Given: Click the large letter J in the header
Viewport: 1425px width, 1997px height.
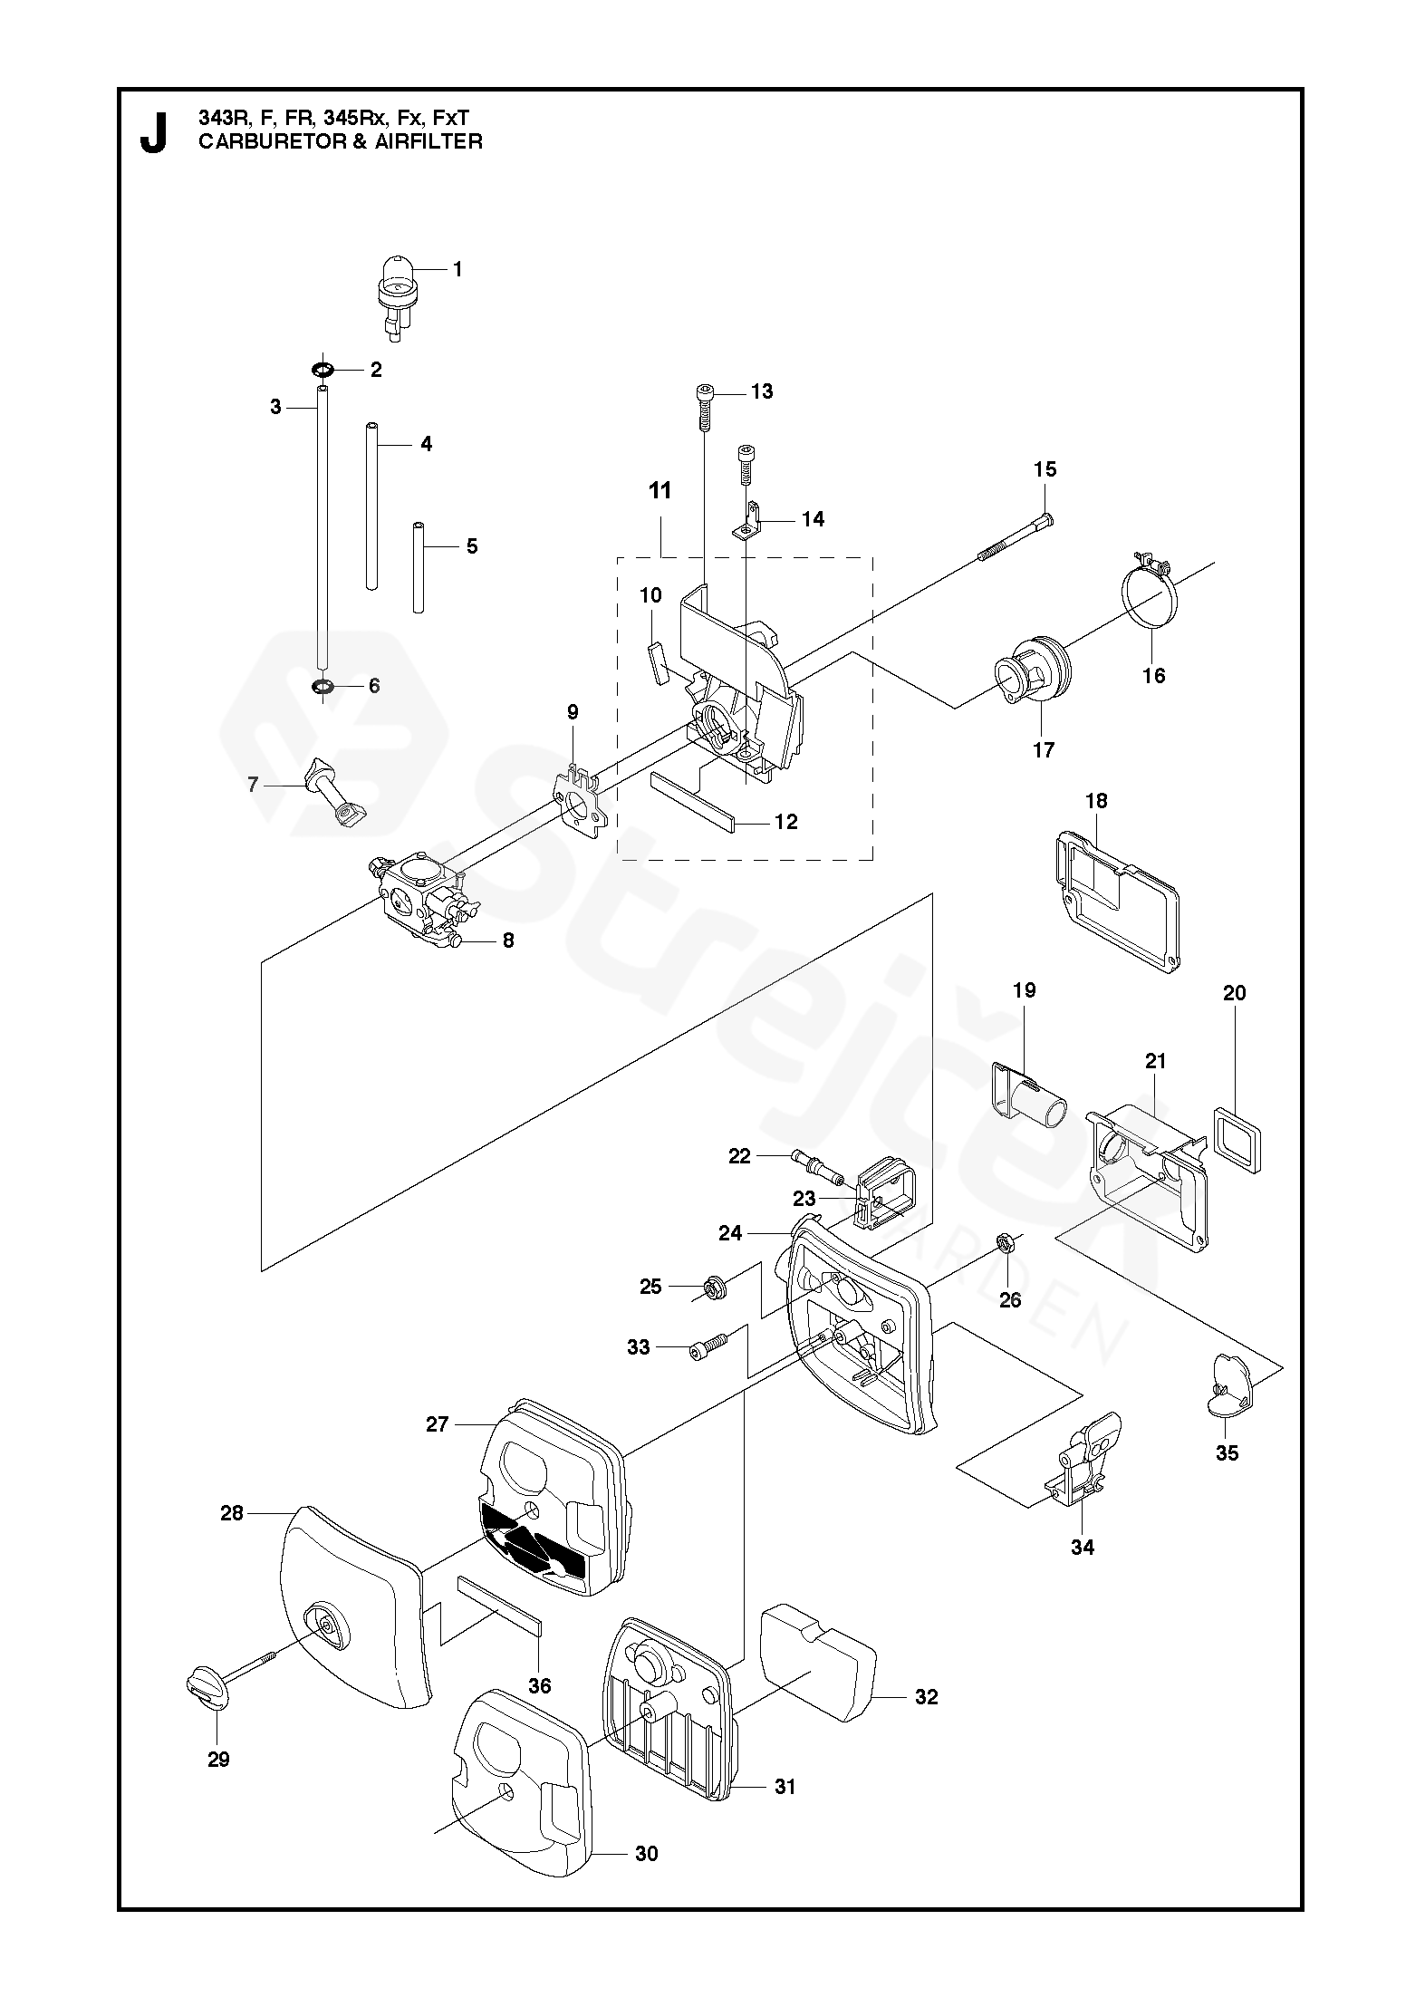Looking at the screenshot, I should (x=154, y=132).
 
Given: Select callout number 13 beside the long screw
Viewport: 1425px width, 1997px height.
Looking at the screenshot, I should (x=762, y=391).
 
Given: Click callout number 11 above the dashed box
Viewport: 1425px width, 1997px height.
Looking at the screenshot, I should (x=660, y=490).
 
